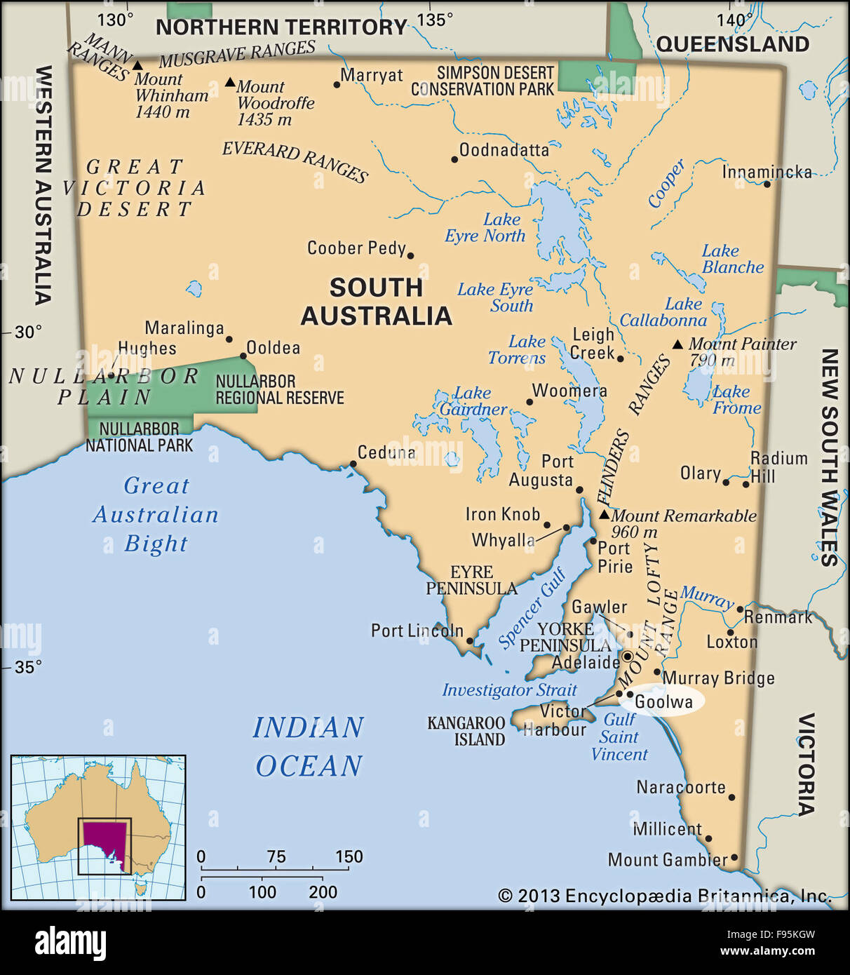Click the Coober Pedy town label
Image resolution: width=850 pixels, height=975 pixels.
pos(356,248)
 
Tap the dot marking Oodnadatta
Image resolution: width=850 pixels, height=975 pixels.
pos(454,160)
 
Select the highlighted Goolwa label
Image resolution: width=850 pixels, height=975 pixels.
pos(663,701)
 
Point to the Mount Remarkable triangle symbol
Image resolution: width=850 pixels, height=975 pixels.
pos(604,515)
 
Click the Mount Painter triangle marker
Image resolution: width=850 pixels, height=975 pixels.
pos(677,344)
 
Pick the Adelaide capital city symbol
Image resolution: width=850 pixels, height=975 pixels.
pos(628,657)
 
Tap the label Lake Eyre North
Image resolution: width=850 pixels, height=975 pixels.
pos(485,228)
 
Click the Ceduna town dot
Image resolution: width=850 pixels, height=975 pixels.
pos(353,464)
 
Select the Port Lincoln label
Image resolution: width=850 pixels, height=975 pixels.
pos(417,631)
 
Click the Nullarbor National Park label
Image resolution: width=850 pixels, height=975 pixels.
pos(139,437)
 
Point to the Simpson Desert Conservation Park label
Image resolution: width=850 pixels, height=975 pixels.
pos(484,81)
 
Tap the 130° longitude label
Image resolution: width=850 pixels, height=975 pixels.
pos(114,20)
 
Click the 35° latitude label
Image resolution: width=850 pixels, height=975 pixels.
pos(28,667)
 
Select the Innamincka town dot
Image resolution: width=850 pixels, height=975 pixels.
pos(767,184)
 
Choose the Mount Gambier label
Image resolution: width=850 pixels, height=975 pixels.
pos(667,860)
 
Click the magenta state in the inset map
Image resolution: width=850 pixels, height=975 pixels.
pos(105,842)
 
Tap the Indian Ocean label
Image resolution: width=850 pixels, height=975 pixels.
pos(309,746)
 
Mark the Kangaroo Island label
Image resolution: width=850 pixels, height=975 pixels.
pos(466,731)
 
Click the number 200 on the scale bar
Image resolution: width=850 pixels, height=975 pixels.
pos(323,892)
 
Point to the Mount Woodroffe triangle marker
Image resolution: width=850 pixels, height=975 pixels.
pos(230,83)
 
